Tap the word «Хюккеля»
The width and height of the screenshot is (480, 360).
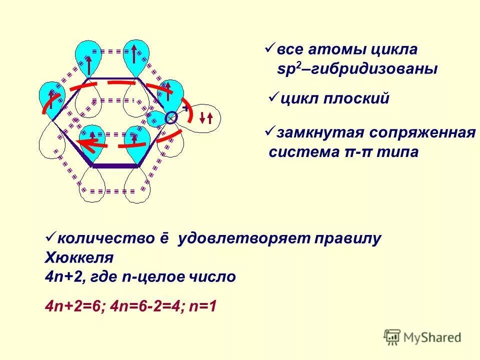click(79, 257)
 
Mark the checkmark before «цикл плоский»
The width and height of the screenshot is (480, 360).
click(273, 96)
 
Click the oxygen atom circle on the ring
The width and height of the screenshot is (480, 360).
click(171, 117)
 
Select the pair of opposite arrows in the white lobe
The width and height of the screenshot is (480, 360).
click(206, 118)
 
